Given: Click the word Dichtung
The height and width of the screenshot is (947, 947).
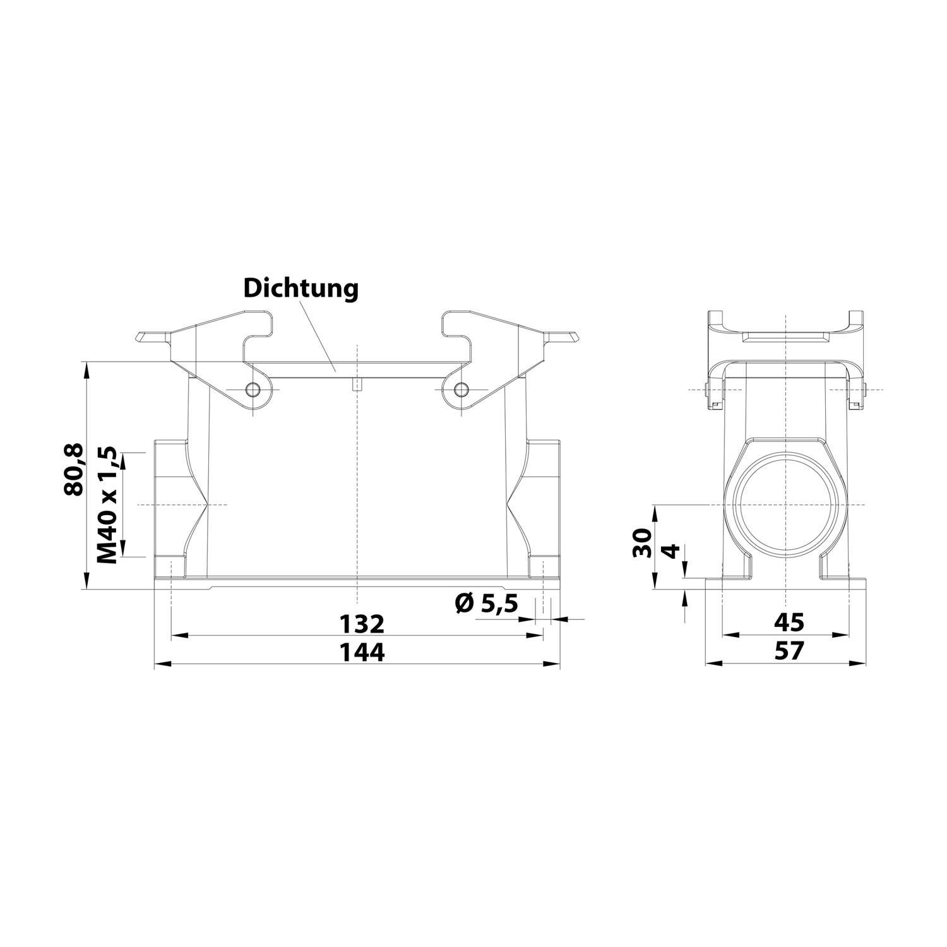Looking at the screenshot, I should point(301,289).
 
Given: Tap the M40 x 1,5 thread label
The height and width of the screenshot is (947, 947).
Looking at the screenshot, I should point(107,505).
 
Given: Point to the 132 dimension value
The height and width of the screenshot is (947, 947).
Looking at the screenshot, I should point(361,624).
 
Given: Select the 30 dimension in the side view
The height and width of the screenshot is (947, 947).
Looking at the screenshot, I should point(642,542).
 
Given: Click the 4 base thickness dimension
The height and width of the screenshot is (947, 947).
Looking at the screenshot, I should point(673,551).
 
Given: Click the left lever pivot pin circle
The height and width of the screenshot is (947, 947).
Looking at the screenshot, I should point(254,389).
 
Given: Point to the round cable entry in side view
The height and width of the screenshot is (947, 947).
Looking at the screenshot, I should point(785,504).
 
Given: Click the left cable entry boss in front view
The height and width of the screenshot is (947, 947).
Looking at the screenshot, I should point(168,505).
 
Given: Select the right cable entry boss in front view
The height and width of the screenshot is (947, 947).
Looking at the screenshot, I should point(544,505).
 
